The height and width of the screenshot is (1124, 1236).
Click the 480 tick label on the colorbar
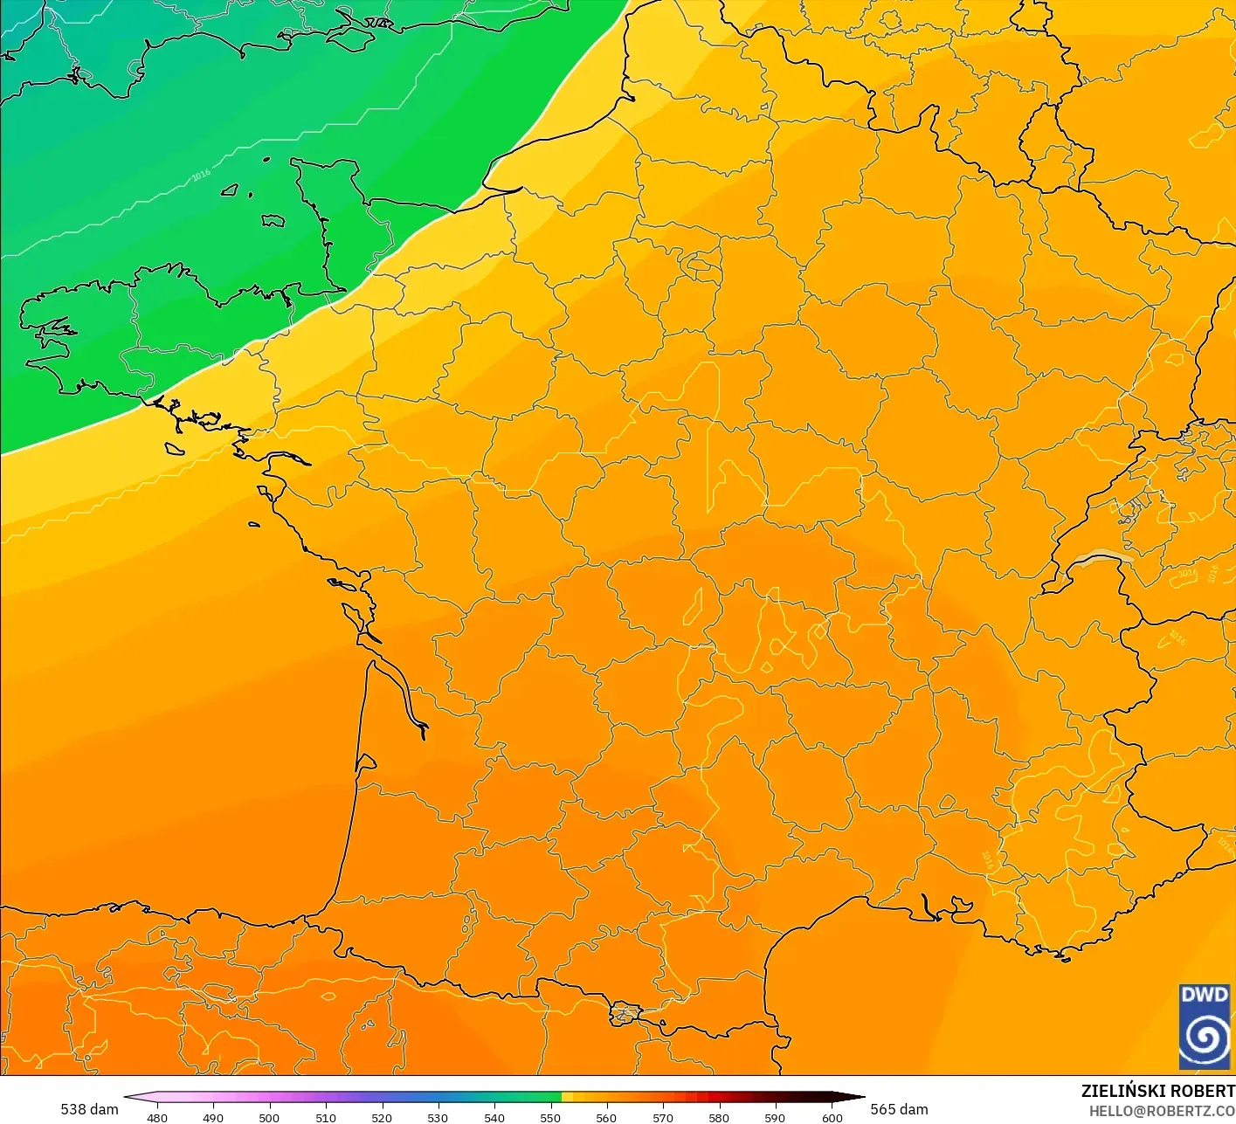[157, 1117]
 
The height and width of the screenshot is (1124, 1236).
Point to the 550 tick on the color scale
[550, 1117]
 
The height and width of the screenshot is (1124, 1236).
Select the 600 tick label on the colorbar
[832, 1117]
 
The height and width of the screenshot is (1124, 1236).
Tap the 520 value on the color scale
[382, 1117]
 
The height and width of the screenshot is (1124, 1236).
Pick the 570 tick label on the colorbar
[663, 1117]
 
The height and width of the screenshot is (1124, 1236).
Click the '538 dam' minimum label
[89, 1109]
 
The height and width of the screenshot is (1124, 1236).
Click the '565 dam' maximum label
[899, 1109]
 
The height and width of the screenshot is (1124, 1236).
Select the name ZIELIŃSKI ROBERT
[1157, 1091]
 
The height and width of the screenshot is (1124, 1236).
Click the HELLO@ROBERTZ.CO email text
[1162, 1111]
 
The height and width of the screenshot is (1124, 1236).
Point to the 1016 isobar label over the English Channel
[201, 175]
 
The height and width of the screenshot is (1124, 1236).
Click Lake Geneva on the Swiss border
[1102, 558]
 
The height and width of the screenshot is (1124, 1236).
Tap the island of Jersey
[273, 221]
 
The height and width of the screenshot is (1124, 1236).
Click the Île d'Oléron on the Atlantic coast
[355, 617]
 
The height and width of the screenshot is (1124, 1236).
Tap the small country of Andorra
[625, 1014]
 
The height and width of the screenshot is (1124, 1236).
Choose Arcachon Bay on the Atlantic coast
[365, 762]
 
